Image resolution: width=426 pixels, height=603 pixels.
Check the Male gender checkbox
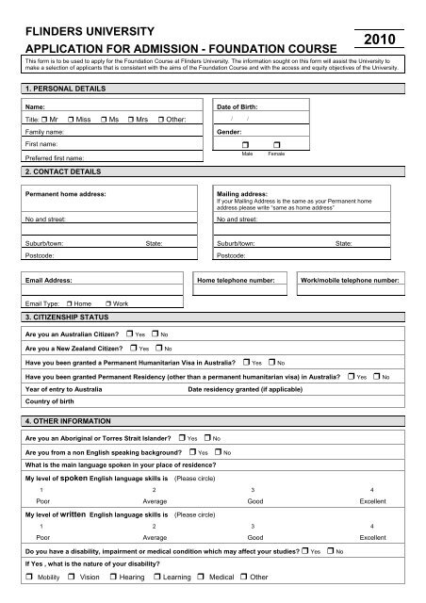(x=245, y=144)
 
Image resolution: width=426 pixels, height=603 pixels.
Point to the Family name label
(x=46, y=134)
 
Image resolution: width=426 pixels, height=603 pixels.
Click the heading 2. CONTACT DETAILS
(x=62, y=172)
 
